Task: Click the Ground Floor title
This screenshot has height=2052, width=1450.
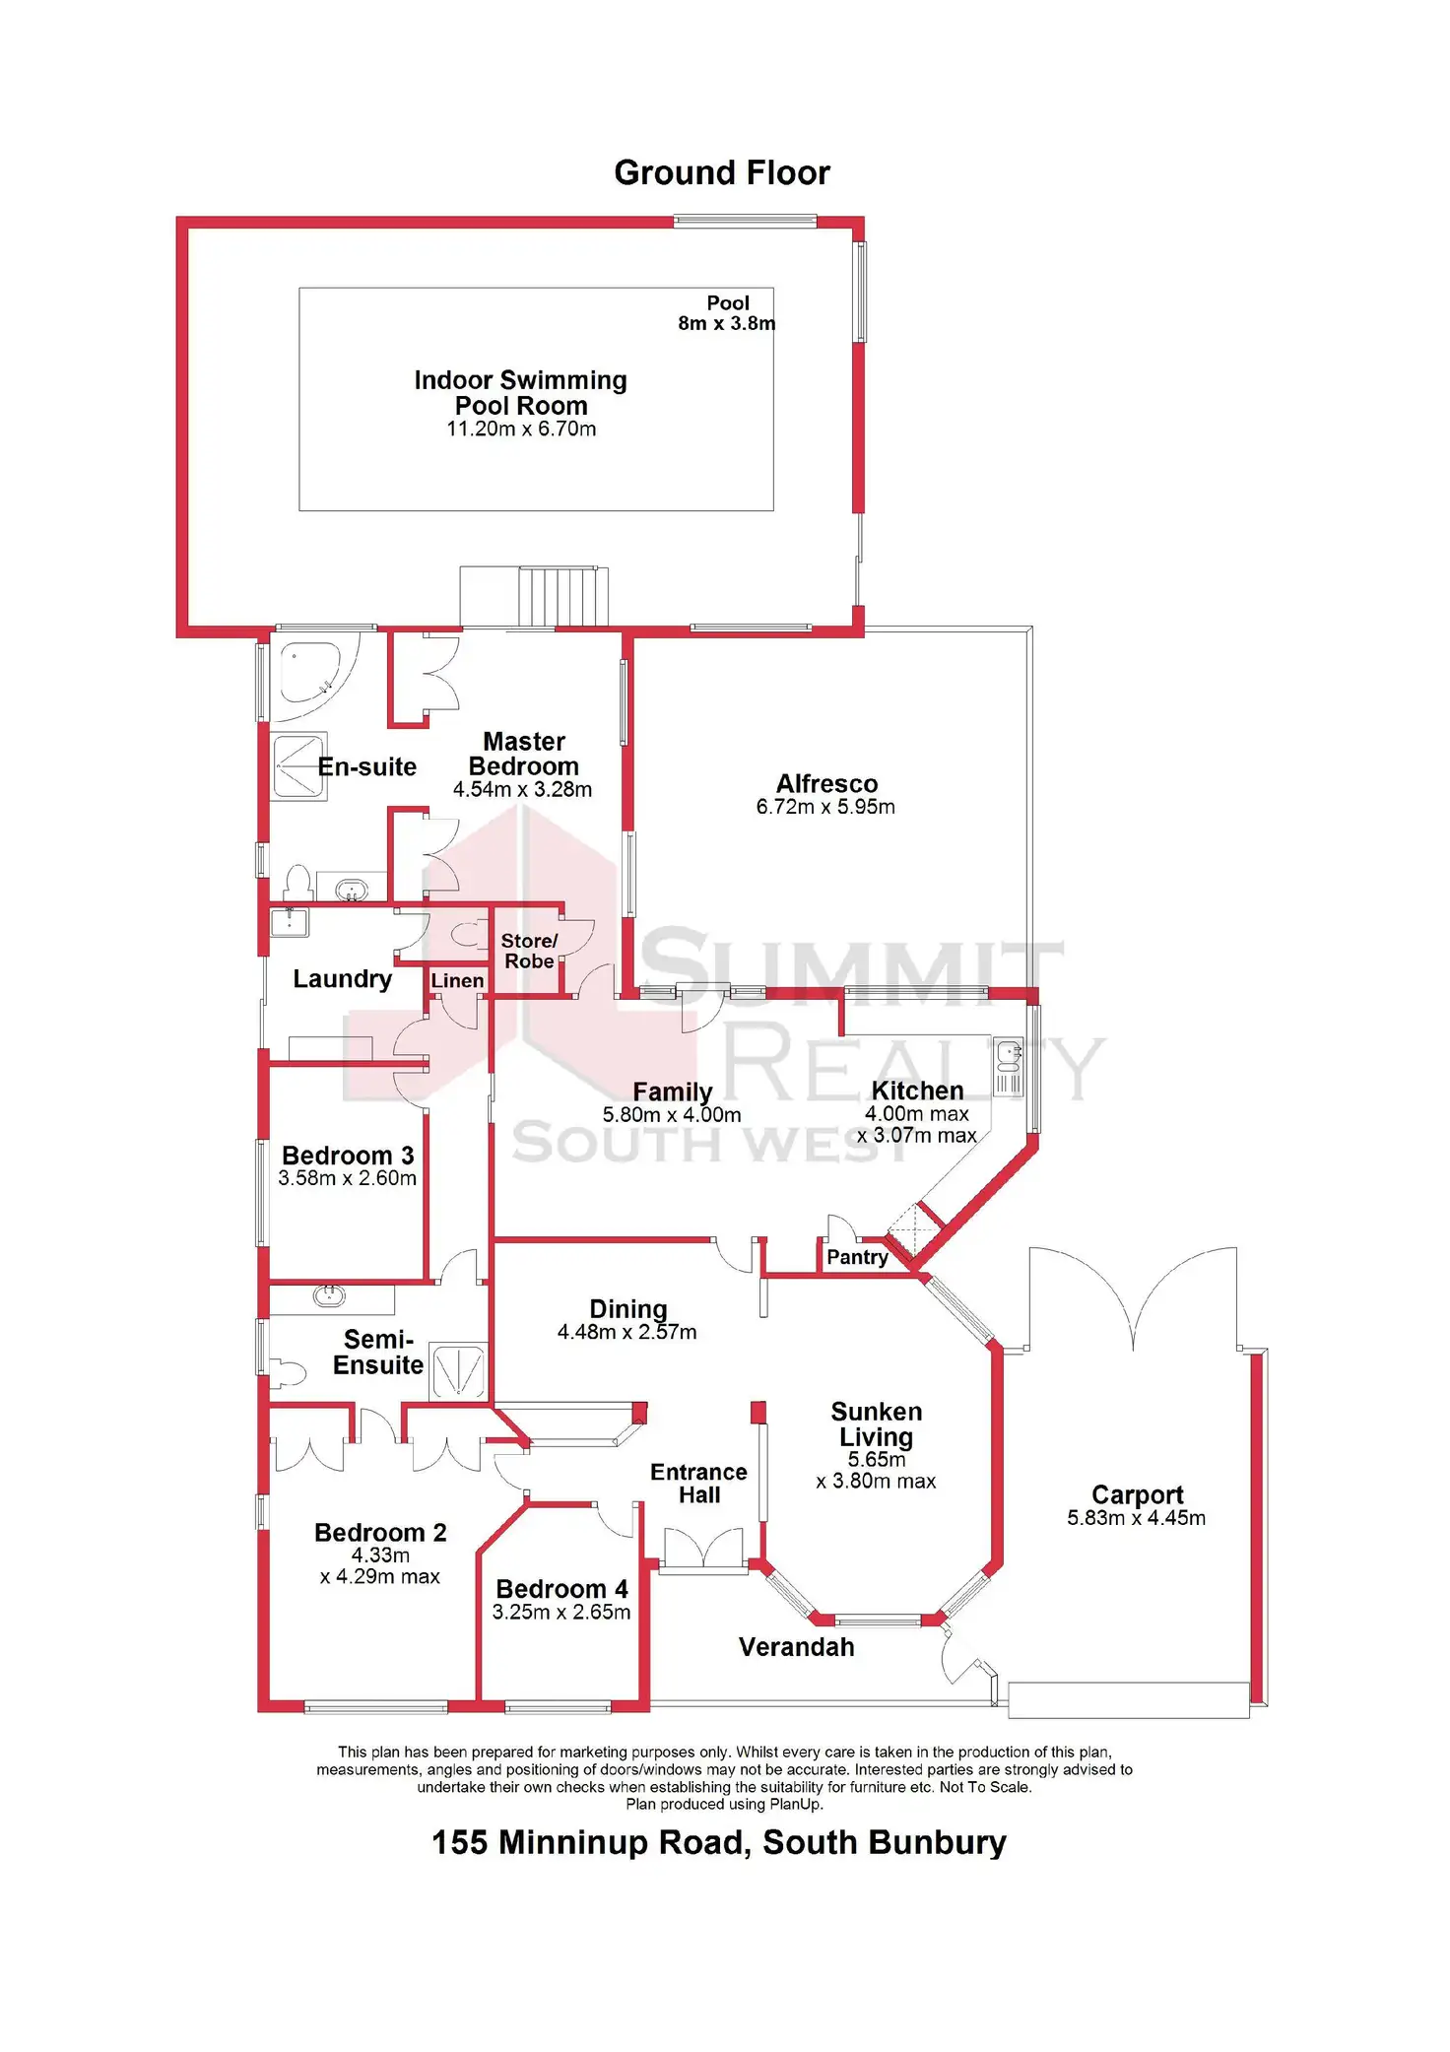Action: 721,173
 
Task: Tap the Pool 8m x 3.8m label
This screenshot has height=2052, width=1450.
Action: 727,313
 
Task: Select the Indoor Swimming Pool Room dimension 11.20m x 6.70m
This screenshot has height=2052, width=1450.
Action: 521,430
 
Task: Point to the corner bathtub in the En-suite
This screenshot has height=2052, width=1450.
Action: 308,671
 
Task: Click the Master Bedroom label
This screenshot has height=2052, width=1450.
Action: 523,754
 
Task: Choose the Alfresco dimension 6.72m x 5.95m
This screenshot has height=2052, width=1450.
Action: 825,808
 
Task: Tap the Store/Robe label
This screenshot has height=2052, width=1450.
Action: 529,951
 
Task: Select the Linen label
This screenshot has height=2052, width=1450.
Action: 457,981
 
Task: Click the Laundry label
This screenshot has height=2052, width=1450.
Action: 342,979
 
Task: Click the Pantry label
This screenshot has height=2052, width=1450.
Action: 857,1257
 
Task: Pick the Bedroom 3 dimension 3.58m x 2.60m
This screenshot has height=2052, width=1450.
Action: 347,1179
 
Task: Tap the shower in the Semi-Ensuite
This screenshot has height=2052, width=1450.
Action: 459,1370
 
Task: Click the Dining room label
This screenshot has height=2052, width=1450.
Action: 627,1309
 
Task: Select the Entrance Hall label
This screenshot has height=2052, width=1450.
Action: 698,1484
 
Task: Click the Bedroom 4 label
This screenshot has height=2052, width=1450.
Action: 561,1589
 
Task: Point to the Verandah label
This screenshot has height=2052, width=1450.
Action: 796,1647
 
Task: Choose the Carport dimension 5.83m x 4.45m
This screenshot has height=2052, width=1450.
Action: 1136,1519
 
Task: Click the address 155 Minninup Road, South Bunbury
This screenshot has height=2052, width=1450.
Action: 719,1842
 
